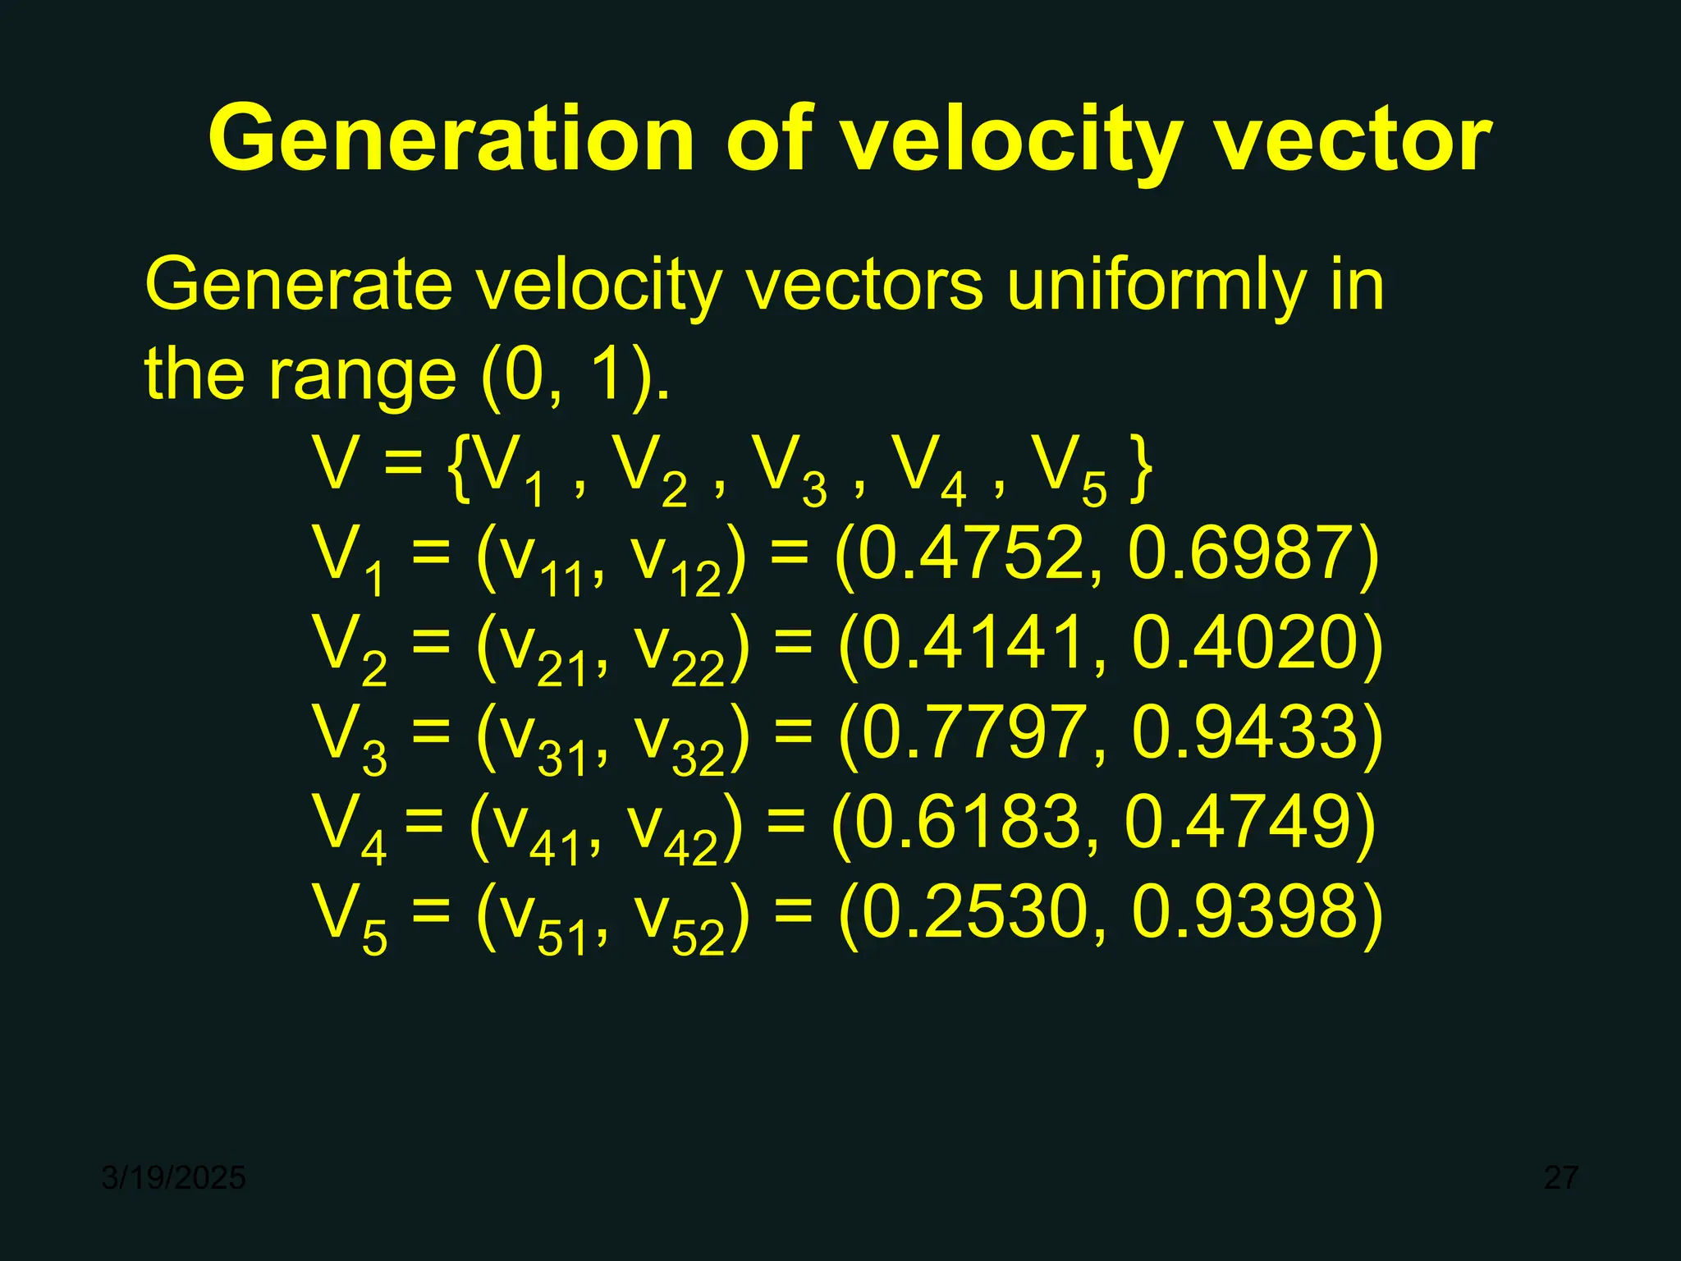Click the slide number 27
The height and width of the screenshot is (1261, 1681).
click(1560, 1178)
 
